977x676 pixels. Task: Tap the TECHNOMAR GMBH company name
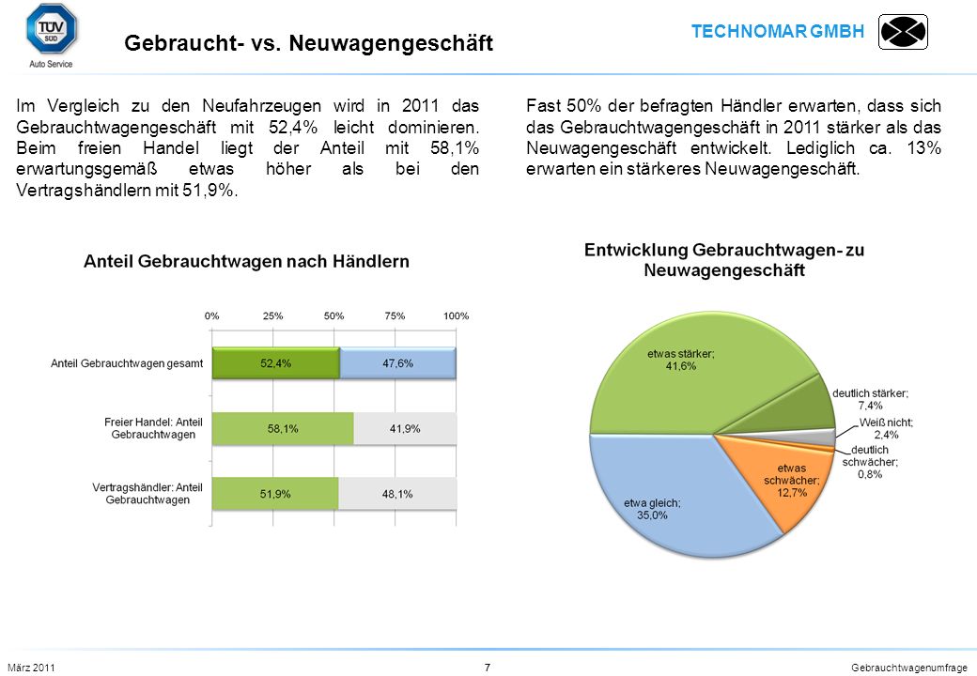coord(778,31)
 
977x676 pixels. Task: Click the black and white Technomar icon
coord(903,32)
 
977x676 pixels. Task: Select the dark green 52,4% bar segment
coord(276,363)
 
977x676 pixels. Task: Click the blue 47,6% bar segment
coord(397,363)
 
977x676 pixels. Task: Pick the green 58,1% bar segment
coord(283,428)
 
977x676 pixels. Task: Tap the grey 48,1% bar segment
coord(397,494)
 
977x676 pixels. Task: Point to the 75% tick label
coord(395,315)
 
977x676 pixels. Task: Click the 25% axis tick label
coord(273,315)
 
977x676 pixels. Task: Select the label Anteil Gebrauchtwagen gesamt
coord(127,363)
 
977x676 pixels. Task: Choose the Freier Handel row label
coord(153,428)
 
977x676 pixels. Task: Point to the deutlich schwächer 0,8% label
coord(870,462)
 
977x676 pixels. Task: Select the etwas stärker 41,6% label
coord(681,360)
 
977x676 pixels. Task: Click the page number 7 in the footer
coord(488,668)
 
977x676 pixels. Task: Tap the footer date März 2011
coord(31,668)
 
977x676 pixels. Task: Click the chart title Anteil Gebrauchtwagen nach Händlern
coord(246,261)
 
